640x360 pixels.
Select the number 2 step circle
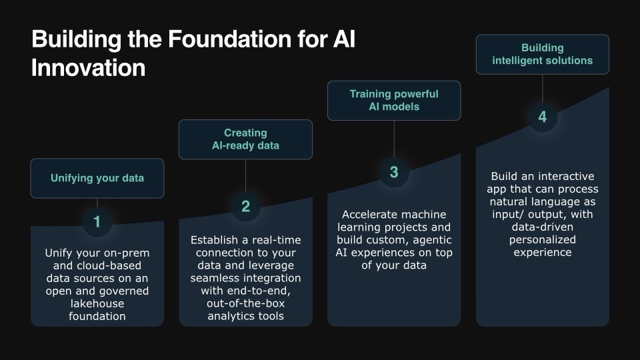pyautogui.click(x=245, y=207)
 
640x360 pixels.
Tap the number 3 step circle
pyautogui.click(x=394, y=172)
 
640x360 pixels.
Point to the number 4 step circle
pyautogui.click(x=542, y=117)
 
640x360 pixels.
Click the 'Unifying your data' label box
pyautogui.click(x=97, y=178)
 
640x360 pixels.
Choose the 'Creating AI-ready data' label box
pyautogui.click(x=245, y=139)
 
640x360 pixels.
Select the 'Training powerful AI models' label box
pyautogui.click(x=394, y=101)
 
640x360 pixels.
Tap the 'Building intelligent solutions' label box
pyautogui.click(x=542, y=54)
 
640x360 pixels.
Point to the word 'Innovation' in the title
pyautogui.click(x=88, y=68)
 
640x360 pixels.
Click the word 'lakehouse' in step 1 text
pyautogui.click(x=97, y=303)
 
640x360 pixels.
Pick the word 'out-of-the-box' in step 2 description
pyautogui.click(x=245, y=303)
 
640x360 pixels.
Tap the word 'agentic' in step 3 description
pyautogui.click(x=429, y=240)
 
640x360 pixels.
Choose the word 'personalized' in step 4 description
pyautogui.click(x=542, y=240)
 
